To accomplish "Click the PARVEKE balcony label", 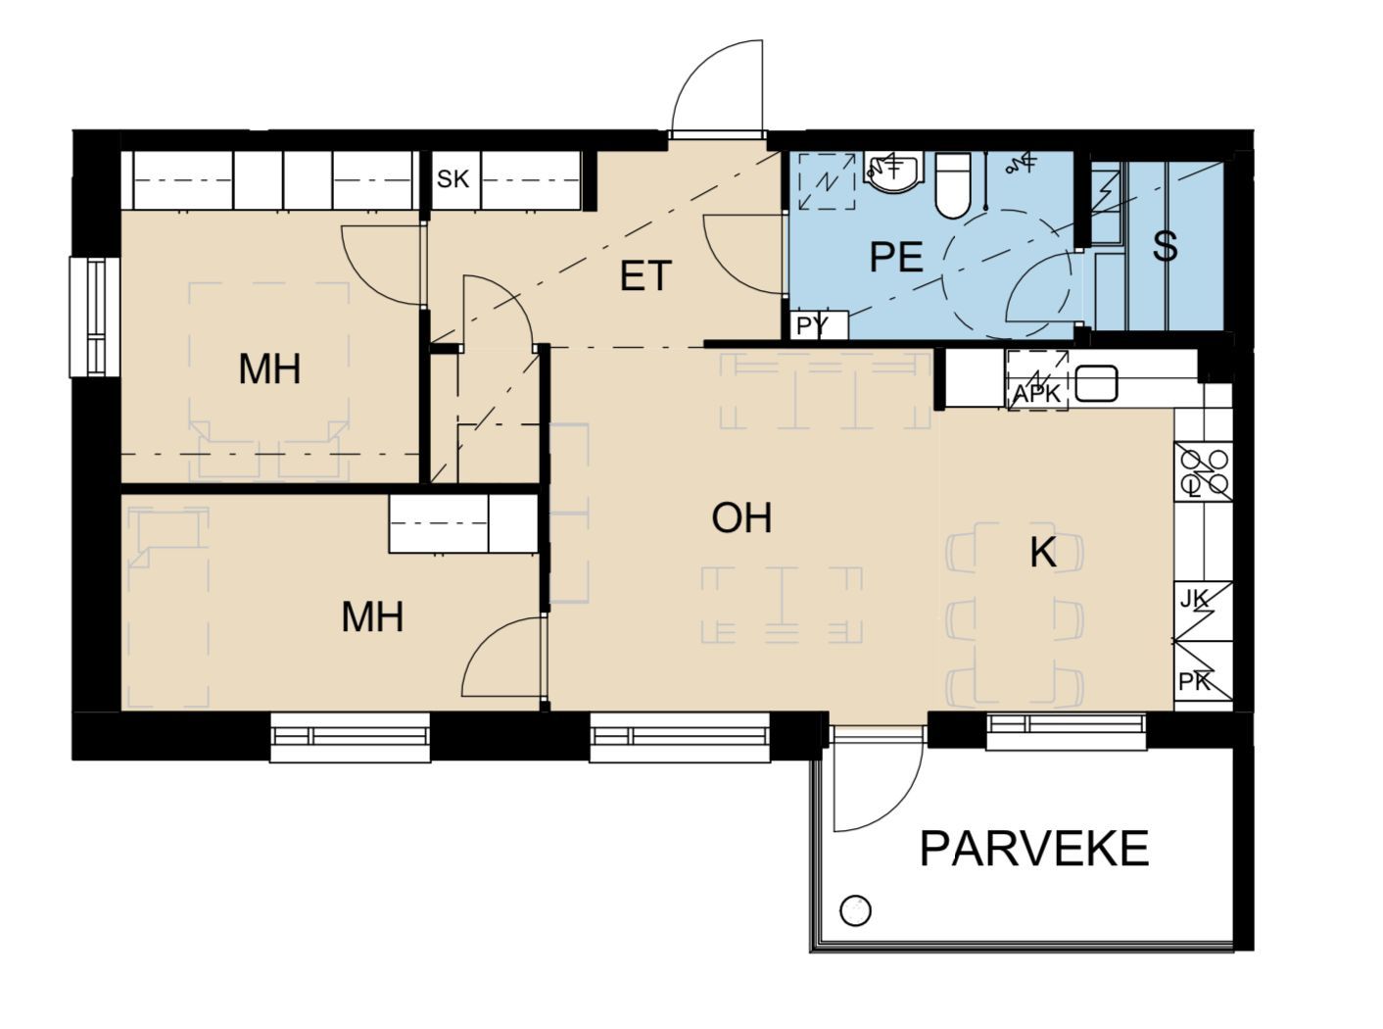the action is pyautogui.click(x=1033, y=848).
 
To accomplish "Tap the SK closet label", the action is pyautogui.click(x=453, y=179).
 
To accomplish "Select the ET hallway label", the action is pyautogui.click(x=645, y=275).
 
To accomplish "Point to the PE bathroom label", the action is pyautogui.click(x=896, y=257).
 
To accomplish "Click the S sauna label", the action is pyautogui.click(x=1165, y=246).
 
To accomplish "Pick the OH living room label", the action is pyautogui.click(x=741, y=518).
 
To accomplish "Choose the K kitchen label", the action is pyautogui.click(x=1042, y=553).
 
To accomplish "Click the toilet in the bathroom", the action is pyautogui.click(x=953, y=185).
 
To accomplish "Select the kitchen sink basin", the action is pyautogui.click(x=1096, y=383).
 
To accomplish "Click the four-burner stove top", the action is pyautogui.click(x=1203, y=471).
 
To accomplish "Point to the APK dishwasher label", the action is pyautogui.click(x=1036, y=394).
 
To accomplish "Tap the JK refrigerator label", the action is pyautogui.click(x=1195, y=600).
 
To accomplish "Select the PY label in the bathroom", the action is pyautogui.click(x=814, y=325).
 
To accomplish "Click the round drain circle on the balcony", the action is pyautogui.click(x=854, y=911).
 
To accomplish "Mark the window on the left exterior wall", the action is pyautogui.click(x=94, y=317).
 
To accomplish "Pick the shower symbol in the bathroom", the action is pyautogui.click(x=1020, y=164).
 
